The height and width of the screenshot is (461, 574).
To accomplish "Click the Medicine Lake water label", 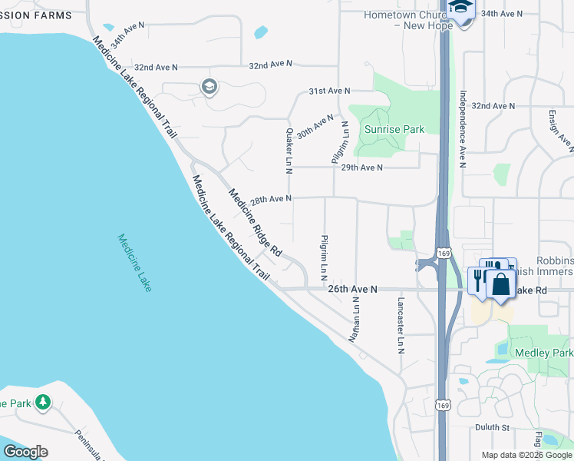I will coord(135,262).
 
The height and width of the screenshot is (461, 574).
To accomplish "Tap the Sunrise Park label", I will coord(394,130).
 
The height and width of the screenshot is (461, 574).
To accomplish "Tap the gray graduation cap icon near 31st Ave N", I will coord(209,87).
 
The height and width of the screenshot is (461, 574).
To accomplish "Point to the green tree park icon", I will coord(43,401).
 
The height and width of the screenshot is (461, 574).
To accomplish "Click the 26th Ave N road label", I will coord(353,289).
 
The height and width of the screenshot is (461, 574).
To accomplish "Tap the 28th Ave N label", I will coord(271,199).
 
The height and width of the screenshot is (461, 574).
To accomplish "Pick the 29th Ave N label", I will coord(361,167).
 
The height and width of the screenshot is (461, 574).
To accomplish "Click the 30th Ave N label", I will coord(315,126).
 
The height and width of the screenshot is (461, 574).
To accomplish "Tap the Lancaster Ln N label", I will coord(400,322).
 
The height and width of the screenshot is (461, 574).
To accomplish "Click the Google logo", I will coord(25,452).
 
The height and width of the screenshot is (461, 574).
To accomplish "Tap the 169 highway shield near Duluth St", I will coord(442,405).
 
